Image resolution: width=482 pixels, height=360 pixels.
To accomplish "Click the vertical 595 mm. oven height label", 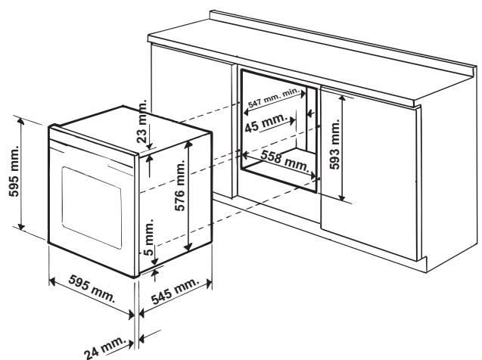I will pos(11,177).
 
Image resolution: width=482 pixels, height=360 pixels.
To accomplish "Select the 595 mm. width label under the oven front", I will pos(91,287).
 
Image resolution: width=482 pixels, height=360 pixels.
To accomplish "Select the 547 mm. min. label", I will pos(273,99).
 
